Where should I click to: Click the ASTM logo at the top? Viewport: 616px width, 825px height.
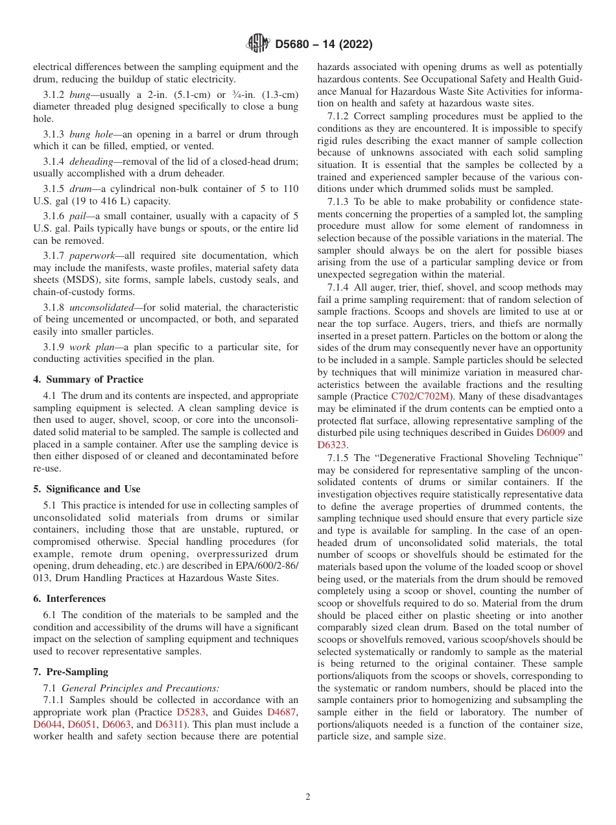click(258, 45)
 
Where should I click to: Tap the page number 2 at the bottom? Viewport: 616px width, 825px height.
click(308, 797)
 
